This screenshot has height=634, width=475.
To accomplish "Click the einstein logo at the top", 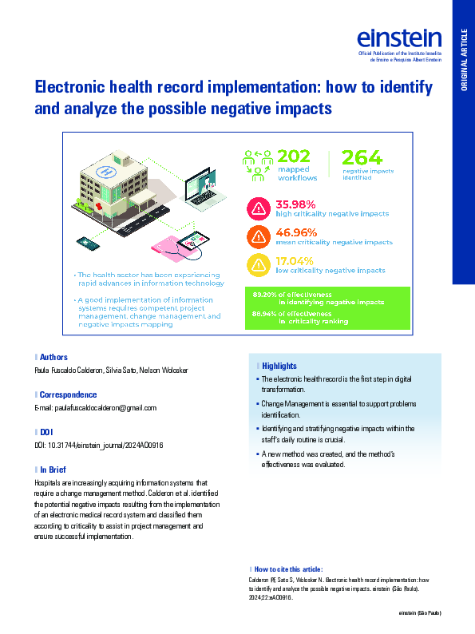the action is [x=399, y=38].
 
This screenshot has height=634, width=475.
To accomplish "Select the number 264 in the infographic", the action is [x=362, y=157].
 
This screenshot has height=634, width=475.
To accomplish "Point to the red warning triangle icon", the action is [x=259, y=209].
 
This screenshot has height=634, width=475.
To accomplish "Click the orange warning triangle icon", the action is [x=259, y=236].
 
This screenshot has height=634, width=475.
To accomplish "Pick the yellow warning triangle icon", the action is [x=259, y=264].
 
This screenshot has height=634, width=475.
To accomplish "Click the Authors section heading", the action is [x=53, y=357].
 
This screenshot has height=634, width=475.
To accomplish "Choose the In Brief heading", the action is [x=54, y=469].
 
